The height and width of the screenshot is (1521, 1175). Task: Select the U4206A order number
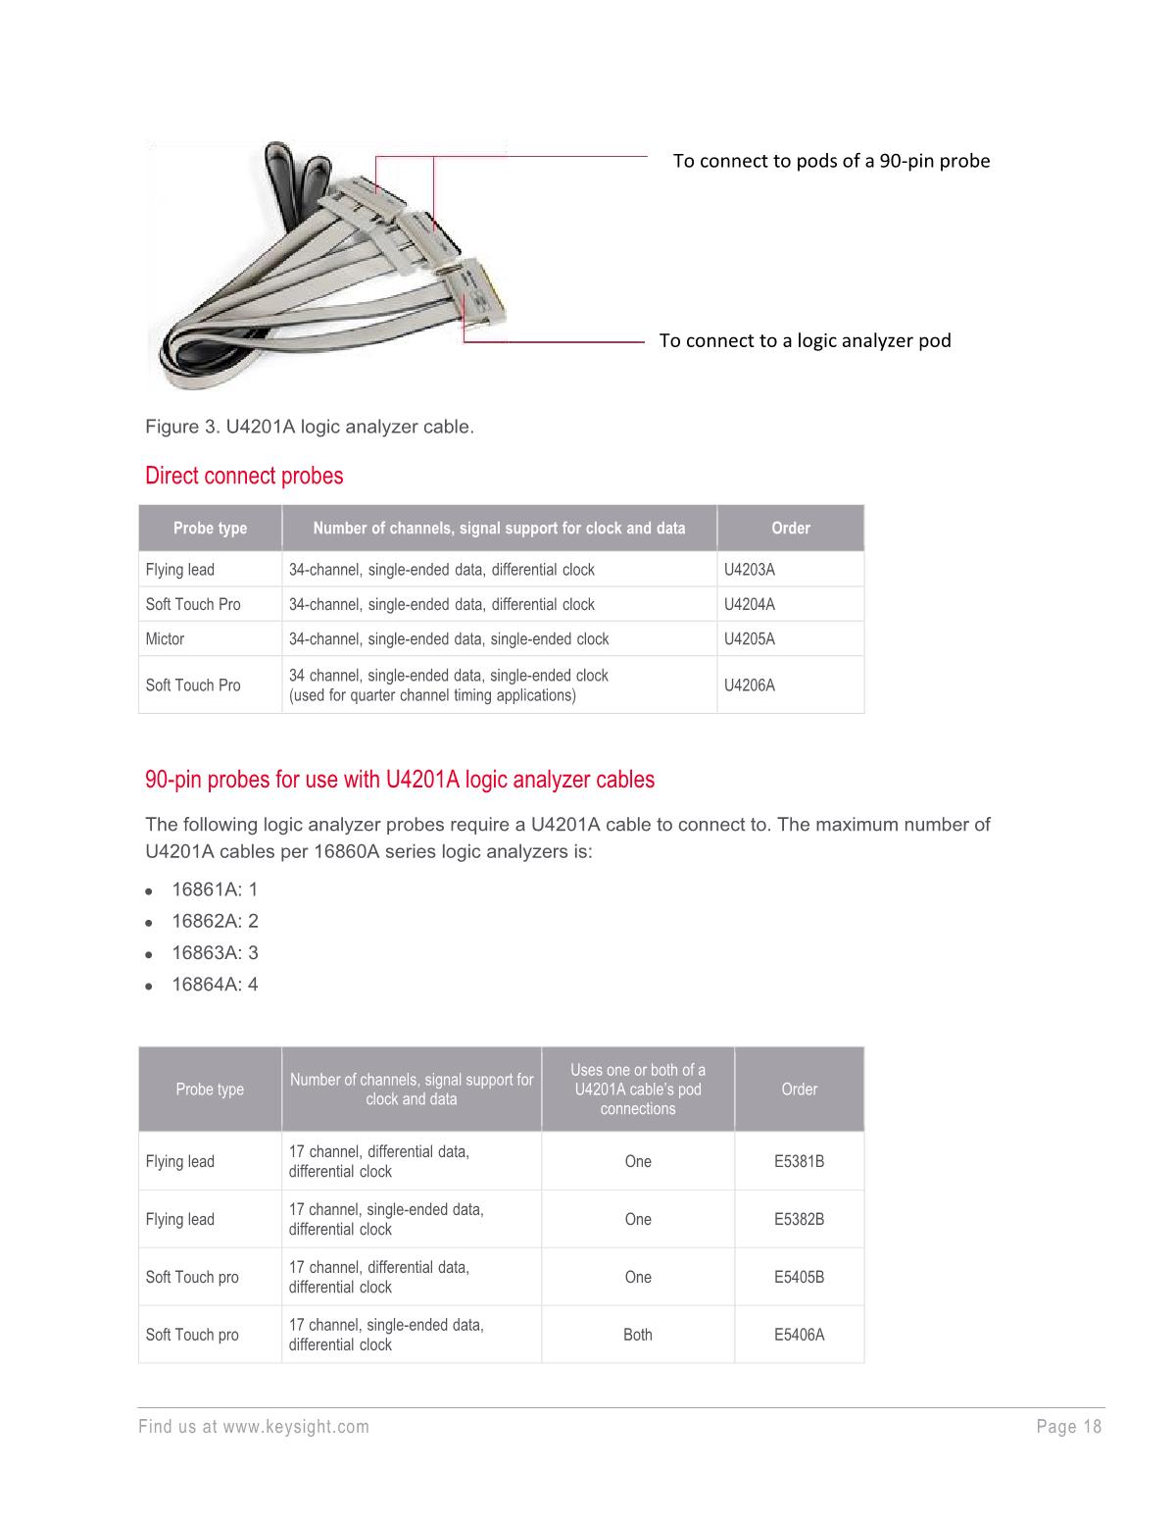click(x=749, y=685)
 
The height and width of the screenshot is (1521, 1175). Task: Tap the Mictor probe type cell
click(x=165, y=639)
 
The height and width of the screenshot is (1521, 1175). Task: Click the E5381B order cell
click(x=799, y=1162)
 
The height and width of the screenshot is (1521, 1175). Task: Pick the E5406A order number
click(x=799, y=1335)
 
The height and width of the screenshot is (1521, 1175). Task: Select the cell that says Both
click(x=637, y=1335)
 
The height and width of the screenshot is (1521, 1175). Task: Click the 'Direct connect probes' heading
click(x=244, y=477)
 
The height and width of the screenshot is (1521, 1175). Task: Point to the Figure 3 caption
click(x=310, y=428)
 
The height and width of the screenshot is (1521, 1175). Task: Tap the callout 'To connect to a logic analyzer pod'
click(x=805, y=340)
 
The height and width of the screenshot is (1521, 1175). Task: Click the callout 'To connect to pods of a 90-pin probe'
click(x=831, y=161)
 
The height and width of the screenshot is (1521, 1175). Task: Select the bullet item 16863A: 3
click(x=215, y=953)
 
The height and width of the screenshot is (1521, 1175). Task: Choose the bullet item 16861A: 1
click(x=215, y=889)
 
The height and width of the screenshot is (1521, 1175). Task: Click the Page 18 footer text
click(x=1068, y=1427)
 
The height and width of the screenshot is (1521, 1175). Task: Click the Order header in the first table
click(x=790, y=529)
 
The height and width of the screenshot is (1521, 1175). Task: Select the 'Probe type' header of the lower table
click(x=210, y=1090)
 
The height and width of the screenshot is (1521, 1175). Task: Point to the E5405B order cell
click(x=799, y=1277)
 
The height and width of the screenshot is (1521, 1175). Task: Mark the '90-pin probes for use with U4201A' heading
click(x=400, y=781)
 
